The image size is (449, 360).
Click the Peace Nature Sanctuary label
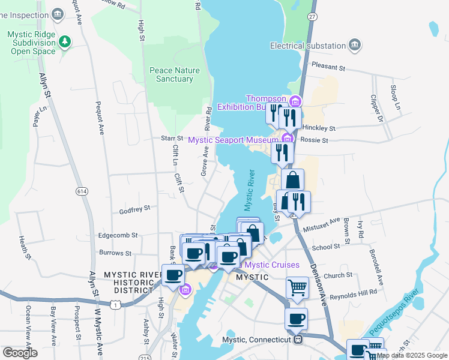pyautogui.click(x=175, y=74)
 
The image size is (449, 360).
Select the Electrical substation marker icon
pyautogui.click(x=355, y=46)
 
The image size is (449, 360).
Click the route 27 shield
pyautogui.click(x=312, y=17)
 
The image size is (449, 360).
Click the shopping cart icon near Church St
pyautogui.click(x=297, y=287)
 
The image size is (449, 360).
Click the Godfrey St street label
pyautogui.click(x=134, y=209)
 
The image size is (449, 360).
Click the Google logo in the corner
pyautogui.click(x=20, y=352)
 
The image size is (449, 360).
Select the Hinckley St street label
pyautogui.click(x=319, y=128)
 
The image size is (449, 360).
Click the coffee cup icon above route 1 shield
pyautogui.click(x=173, y=275)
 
